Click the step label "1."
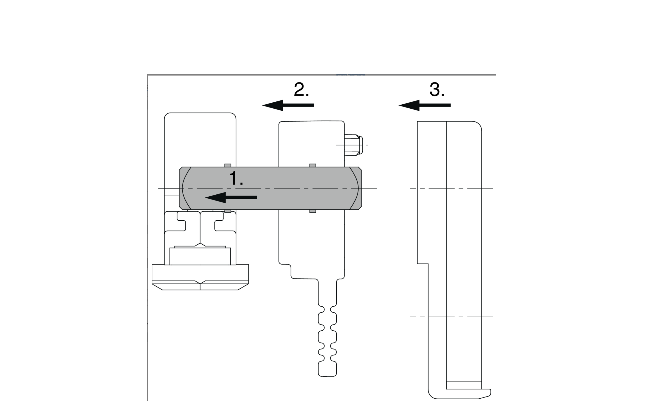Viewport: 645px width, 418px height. [236, 178]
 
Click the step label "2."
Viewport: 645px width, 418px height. [301, 89]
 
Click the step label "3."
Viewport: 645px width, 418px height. [437, 89]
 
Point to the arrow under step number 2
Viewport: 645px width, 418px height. [288, 105]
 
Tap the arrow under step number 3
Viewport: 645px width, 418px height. [424, 105]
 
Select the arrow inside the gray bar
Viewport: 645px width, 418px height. [231, 197]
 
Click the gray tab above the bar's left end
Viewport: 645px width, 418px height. [228, 165]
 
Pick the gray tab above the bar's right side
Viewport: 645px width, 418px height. [313, 165]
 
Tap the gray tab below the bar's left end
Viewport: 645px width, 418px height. [228, 211]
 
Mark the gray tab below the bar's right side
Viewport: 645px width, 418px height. [313, 211]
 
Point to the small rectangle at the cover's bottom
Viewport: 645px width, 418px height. [464, 385]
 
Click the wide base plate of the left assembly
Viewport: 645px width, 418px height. [200, 277]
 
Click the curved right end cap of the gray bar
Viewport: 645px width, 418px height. [356, 188]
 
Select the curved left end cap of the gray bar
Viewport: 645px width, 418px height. [185, 188]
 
